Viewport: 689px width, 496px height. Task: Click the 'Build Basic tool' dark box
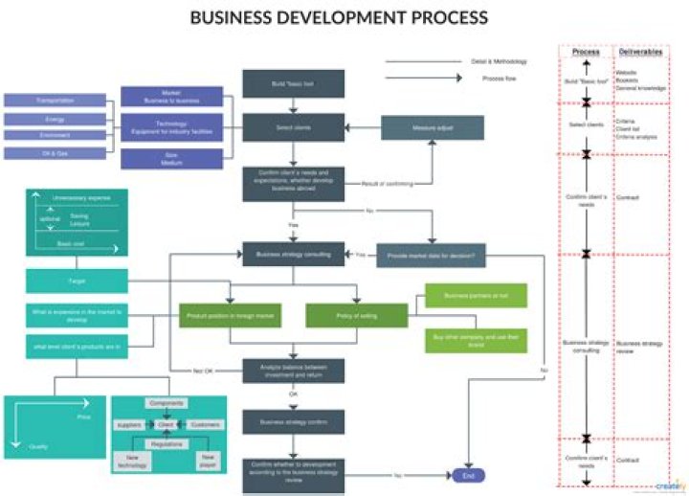click(x=293, y=83)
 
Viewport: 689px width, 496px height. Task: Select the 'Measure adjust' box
click(x=432, y=127)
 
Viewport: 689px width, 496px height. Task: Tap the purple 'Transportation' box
click(x=55, y=100)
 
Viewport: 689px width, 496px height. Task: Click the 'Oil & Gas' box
click(x=55, y=152)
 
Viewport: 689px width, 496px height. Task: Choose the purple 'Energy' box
click(x=55, y=120)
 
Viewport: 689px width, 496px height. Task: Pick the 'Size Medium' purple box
click(x=171, y=158)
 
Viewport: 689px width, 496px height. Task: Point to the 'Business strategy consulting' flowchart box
click(x=293, y=255)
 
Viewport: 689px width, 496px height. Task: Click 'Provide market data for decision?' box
click(x=432, y=255)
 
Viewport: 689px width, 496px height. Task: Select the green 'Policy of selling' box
click(x=356, y=315)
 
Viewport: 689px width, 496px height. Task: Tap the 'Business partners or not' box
click(x=476, y=297)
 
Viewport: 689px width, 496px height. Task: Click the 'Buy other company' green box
click(x=476, y=340)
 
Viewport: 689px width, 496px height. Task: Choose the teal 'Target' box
click(x=76, y=282)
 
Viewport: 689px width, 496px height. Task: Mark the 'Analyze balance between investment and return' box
click(x=293, y=371)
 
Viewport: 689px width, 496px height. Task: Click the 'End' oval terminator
click(x=469, y=475)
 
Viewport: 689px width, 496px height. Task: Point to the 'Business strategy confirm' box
click(x=293, y=421)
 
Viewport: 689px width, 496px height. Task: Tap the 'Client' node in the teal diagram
click(x=166, y=423)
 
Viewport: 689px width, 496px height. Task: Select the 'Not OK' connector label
click(x=203, y=370)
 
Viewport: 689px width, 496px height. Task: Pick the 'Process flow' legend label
click(x=500, y=79)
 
